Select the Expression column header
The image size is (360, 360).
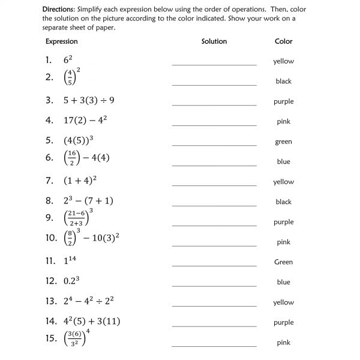pos(62,41)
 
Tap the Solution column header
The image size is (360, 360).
pos(214,41)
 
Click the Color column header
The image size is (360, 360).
pos(283,41)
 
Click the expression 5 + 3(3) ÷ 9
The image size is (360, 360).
pos(89,101)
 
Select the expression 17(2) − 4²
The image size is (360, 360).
pos(85,120)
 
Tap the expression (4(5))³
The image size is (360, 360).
pos(79,140)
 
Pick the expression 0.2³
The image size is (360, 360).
pos(73,281)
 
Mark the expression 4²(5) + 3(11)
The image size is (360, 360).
pos(92,321)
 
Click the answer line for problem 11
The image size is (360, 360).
pos(214,266)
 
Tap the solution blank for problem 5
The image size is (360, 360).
pos(214,145)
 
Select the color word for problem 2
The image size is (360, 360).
pos(283,82)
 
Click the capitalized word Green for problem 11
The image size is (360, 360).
pos(283,262)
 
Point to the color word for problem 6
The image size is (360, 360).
pos(283,162)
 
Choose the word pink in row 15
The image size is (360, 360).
pos(283,343)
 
